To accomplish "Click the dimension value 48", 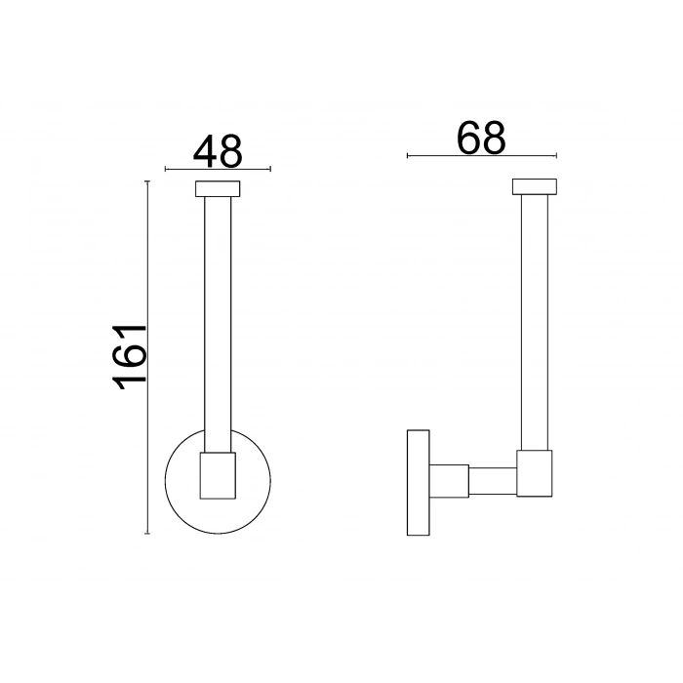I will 218,151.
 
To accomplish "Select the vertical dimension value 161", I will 129,357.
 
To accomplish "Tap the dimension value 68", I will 481,138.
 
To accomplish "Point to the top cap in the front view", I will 218,188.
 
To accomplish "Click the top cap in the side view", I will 534,187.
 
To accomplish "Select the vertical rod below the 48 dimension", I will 218,322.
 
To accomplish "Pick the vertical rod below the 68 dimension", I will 534,322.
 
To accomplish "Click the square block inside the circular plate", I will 218,475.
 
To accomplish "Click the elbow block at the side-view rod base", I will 535,473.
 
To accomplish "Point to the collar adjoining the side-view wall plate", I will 450,482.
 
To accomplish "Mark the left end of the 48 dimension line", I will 165,170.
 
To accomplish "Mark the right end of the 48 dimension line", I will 270,170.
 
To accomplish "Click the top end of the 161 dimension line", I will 147,181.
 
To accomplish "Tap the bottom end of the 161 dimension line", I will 147,534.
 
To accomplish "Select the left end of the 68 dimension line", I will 406,155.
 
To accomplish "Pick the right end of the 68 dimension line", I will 556,155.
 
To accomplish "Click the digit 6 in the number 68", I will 468,138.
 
